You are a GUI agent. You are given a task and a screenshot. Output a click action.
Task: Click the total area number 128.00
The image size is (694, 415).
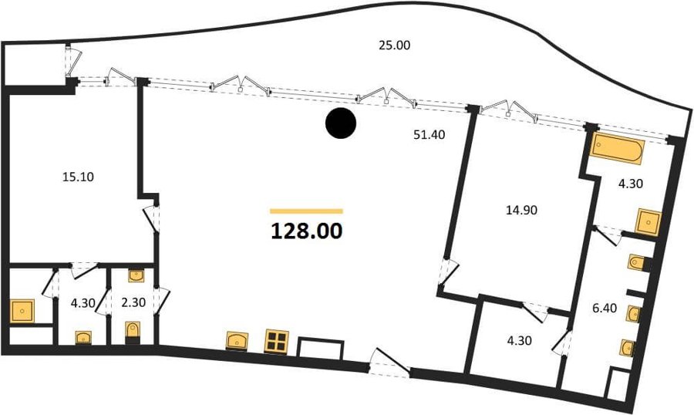point(306,231)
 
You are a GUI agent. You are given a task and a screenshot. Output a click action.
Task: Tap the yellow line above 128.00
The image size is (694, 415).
point(306,211)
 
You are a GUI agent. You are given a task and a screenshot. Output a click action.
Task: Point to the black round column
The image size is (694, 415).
point(341,123)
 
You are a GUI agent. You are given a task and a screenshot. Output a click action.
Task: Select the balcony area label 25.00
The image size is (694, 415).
point(394,46)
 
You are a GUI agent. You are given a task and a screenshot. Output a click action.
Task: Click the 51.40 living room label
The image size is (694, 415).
point(430,135)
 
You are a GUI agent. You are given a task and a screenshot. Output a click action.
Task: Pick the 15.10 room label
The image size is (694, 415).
point(78,177)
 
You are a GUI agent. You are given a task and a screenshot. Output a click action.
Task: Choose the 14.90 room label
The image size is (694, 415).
point(521,210)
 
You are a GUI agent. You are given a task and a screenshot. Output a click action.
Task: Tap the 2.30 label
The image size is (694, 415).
point(133,302)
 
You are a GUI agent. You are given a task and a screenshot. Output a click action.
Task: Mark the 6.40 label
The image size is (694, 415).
point(605,308)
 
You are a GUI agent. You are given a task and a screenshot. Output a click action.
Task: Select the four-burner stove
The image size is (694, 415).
point(276,341)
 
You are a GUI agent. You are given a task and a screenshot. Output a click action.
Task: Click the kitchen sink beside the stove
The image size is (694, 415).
point(237,341)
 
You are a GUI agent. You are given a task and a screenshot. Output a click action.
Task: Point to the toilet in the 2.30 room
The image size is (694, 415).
point(133,332)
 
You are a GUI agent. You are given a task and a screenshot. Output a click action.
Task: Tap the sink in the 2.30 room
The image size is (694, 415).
point(136,275)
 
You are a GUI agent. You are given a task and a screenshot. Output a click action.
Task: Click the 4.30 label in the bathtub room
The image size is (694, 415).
point(630,184)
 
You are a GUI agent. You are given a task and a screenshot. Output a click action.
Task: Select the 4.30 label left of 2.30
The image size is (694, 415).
point(83,303)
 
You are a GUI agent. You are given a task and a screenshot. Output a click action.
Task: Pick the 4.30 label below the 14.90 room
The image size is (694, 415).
point(520,341)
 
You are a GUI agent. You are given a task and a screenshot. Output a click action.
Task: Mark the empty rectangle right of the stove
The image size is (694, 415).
point(321,349)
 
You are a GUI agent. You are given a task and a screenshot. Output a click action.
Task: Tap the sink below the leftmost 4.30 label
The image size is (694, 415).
point(83,338)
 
